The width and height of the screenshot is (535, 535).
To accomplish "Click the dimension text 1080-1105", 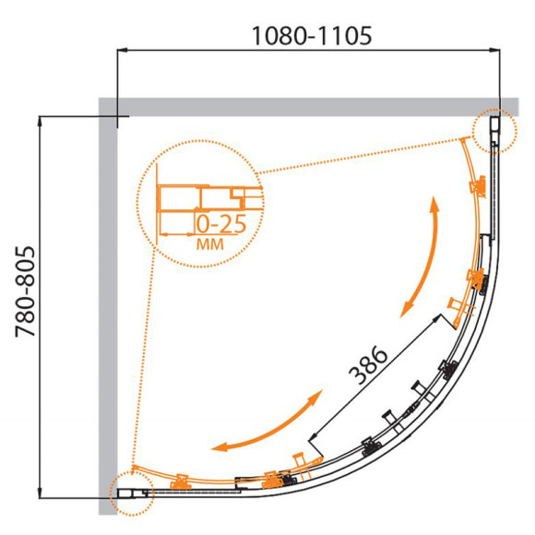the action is tap(312, 36).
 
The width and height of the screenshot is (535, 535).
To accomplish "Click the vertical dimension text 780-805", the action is tap(25, 291).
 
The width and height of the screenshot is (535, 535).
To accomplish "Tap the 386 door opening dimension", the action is tap(368, 364).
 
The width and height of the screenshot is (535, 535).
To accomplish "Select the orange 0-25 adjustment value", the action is tap(221, 224).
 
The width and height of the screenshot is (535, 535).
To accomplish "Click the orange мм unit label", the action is tap(210, 244).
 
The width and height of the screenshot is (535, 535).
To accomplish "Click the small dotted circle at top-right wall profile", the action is tap(494, 131).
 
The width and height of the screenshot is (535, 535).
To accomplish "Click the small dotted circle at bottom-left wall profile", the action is tap(132, 493).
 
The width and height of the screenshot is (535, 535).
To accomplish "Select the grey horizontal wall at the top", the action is tap(308, 107).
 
